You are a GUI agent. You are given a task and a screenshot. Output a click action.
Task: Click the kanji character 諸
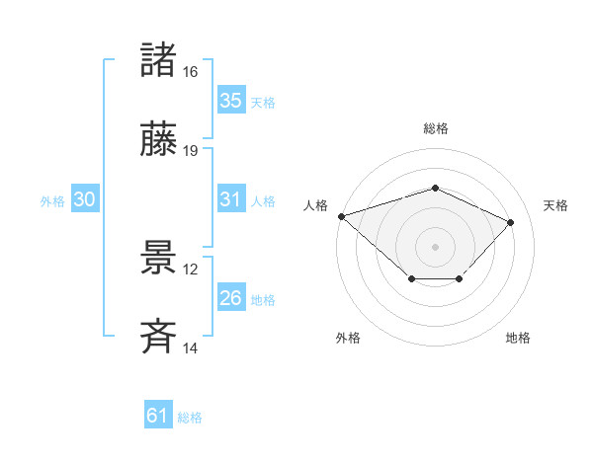pos(159,60)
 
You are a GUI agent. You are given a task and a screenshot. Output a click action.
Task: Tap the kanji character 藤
pos(159,140)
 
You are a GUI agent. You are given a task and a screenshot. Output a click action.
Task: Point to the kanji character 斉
pos(159,337)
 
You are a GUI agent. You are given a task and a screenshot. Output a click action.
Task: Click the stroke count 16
pos(191,72)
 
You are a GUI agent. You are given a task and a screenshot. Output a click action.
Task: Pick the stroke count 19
pos(191,151)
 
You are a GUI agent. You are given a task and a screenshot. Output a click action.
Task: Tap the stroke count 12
pos(191,269)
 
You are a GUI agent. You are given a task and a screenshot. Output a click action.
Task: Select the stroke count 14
pos(191,348)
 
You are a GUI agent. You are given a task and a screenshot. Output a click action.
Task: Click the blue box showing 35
pos(231,101)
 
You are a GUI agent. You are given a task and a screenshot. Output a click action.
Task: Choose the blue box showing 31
pos(231,199)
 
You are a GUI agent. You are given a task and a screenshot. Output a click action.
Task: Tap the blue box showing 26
pos(231,298)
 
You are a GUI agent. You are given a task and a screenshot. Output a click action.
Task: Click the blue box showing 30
pos(85,199)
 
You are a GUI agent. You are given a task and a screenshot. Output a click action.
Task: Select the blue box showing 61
pos(158,416)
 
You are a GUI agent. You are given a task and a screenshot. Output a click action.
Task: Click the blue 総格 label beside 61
pos(190,418)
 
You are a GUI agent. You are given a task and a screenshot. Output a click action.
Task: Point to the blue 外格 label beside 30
pos(52,201)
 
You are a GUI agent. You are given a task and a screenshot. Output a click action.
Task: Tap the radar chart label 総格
pos(436,128)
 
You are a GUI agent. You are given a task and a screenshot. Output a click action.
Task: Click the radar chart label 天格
pos(555,205)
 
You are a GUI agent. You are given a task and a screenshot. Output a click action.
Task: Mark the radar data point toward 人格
pos(341,216)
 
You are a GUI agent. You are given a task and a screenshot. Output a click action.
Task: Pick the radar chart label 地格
pos(518,339)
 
